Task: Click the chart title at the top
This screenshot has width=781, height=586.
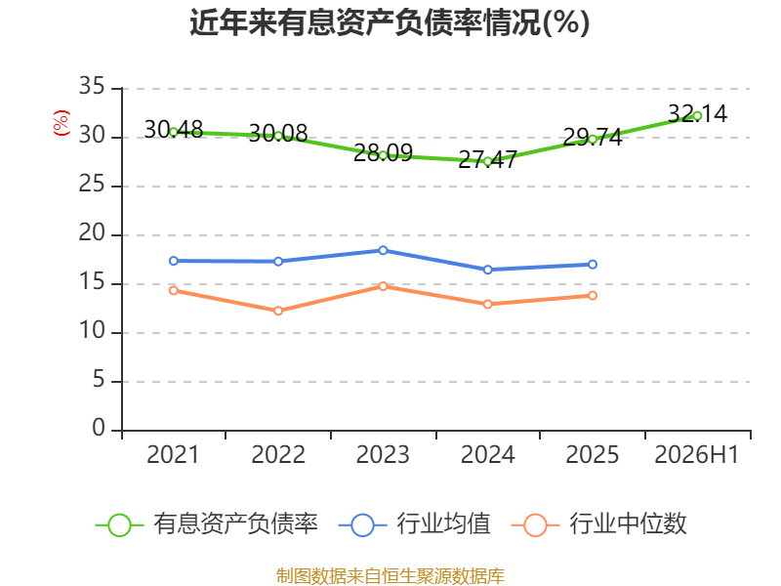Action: pyautogui.click(x=390, y=22)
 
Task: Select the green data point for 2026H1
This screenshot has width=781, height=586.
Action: pyautogui.click(x=697, y=116)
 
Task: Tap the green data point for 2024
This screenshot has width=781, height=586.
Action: pyautogui.click(x=487, y=161)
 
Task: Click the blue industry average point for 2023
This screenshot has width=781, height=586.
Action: pyautogui.click(x=383, y=250)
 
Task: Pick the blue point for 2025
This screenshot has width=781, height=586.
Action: pyautogui.click(x=593, y=264)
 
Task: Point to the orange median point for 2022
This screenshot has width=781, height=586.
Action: pyautogui.click(x=278, y=311)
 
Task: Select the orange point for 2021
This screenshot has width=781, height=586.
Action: pyautogui.click(x=174, y=290)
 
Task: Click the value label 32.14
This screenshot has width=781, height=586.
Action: pyautogui.click(x=697, y=114)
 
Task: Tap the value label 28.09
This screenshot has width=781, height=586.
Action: pyautogui.click(x=383, y=153)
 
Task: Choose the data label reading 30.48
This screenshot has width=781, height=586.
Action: pyautogui.click(x=174, y=130)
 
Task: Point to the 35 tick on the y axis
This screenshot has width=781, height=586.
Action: pyautogui.click(x=92, y=86)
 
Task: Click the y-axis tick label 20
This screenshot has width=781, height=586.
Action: pyautogui.click(x=92, y=232)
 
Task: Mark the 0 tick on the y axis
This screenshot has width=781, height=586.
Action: pyautogui.click(x=99, y=428)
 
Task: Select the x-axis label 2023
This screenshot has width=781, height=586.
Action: pyautogui.click(x=383, y=454)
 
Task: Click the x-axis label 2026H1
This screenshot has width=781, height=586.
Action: pyautogui.click(x=696, y=454)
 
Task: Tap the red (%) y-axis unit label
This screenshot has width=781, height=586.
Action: pyautogui.click(x=62, y=123)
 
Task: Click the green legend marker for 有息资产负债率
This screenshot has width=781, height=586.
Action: pyautogui.click(x=119, y=525)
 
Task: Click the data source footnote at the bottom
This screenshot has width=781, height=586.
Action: pyautogui.click(x=390, y=576)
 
